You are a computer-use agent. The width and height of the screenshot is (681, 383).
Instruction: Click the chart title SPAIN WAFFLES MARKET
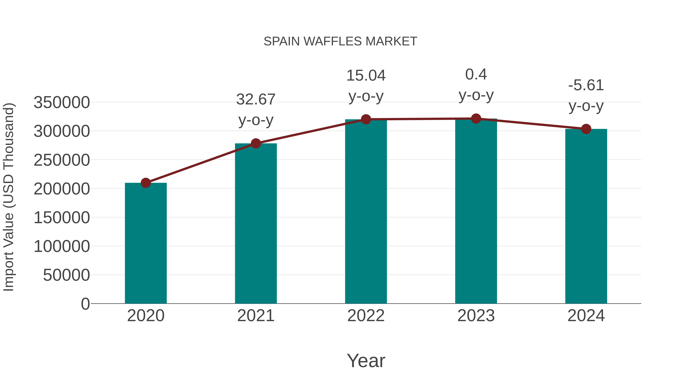tap(340, 41)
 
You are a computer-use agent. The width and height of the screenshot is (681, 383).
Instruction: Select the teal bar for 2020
tap(146, 243)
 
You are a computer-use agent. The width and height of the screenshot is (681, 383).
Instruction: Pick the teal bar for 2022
tap(366, 211)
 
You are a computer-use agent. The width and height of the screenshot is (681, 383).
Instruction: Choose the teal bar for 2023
tap(476, 211)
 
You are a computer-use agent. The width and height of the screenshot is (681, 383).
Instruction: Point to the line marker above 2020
tap(146, 183)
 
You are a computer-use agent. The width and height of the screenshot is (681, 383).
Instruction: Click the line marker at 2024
tap(586, 129)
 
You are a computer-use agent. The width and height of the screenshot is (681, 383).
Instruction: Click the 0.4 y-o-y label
tap(476, 85)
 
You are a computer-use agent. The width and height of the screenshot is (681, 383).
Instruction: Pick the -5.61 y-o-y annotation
tap(586, 96)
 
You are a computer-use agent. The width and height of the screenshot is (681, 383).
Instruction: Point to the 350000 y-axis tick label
tap(62, 103)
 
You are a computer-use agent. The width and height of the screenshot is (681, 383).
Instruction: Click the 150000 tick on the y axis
tap(62, 218)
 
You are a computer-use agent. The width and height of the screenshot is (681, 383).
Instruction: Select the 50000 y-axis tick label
tap(66, 275)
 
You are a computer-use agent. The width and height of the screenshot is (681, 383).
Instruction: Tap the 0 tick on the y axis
tap(85, 304)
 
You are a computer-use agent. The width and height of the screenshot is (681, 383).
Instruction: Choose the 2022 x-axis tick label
tap(366, 316)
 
